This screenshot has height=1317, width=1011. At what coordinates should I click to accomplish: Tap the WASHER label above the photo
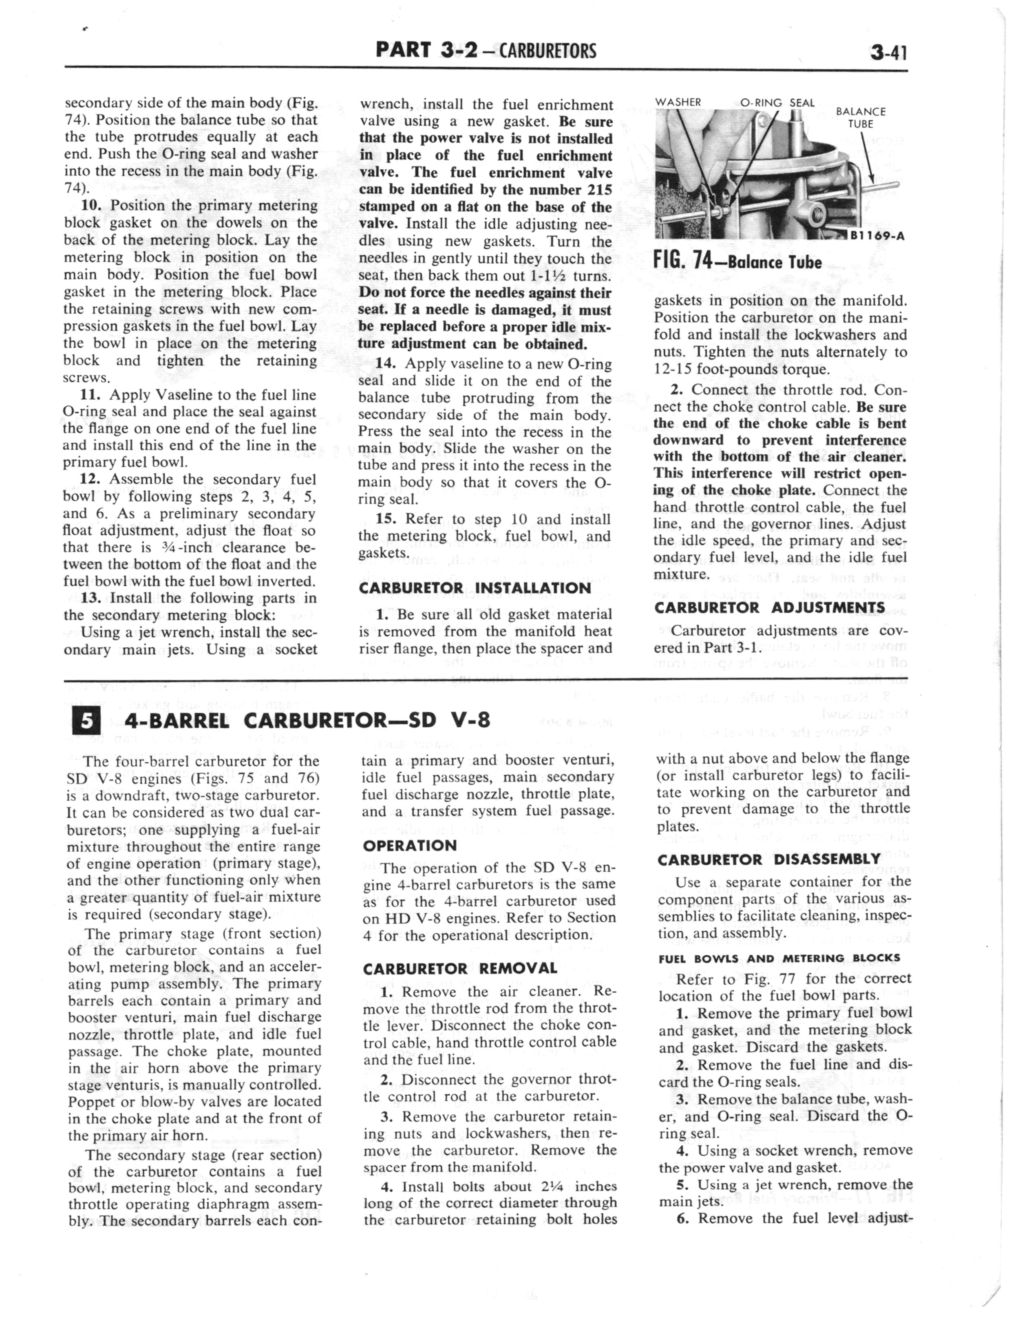pos(678,102)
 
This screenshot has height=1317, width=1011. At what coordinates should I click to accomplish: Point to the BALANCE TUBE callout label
pos(861,117)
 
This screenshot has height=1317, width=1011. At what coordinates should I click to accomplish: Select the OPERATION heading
pos(410,846)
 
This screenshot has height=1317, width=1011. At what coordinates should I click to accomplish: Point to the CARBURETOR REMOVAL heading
pos(460,969)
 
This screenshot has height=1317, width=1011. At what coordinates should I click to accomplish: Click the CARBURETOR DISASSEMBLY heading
pos(769,859)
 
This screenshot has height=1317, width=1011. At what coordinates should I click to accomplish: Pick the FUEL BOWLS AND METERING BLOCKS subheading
pos(779,958)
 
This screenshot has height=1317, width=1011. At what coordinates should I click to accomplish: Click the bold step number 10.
pos(93,205)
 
